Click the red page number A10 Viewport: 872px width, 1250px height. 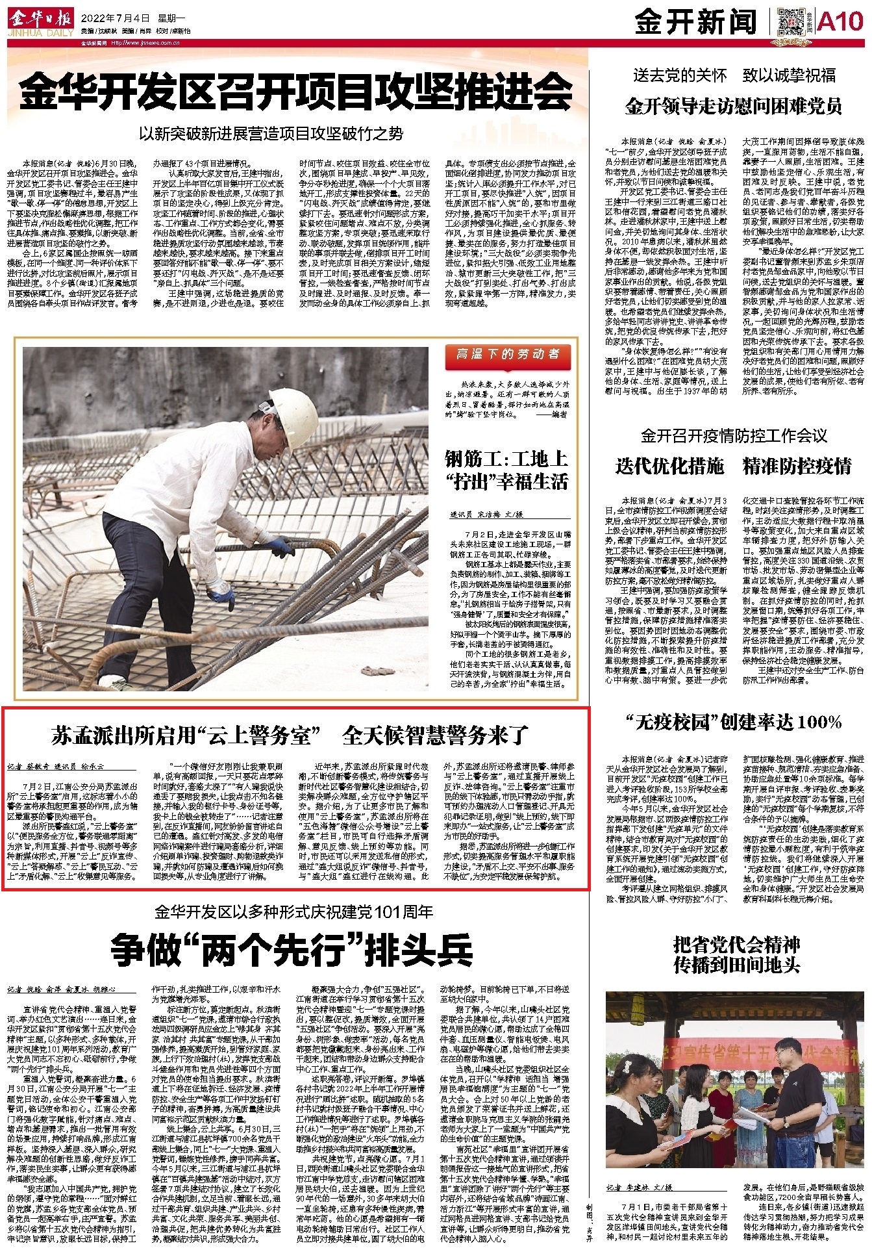coord(840,22)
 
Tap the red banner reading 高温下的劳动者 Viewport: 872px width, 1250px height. coord(508,355)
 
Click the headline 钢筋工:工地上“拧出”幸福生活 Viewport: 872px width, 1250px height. coord(506,470)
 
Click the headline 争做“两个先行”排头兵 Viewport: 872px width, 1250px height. coord(292,950)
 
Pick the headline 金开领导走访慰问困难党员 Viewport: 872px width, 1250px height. coord(734,106)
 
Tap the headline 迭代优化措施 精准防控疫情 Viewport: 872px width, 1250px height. coord(734,466)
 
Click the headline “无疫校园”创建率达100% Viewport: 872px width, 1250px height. coord(734,722)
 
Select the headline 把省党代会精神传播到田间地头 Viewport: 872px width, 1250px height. coord(736,955)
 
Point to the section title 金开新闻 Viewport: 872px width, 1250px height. coord(695,23)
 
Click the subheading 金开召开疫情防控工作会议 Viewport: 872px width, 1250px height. coord(734,435)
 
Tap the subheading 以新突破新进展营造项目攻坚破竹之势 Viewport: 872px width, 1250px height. coord(271,134)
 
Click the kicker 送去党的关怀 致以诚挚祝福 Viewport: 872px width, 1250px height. coord(734,75)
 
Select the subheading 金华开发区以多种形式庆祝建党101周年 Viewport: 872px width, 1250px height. coord(293,912)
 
